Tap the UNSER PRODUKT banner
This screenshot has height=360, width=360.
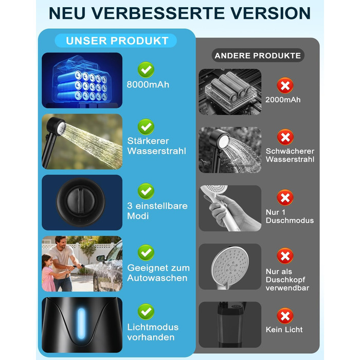116,41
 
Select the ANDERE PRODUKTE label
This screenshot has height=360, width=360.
258,56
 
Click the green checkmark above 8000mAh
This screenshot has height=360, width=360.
146,69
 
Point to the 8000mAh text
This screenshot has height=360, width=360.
148,85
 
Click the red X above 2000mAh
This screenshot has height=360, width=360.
285,85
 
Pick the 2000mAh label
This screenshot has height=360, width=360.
283,100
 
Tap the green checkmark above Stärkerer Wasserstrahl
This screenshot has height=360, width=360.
146,127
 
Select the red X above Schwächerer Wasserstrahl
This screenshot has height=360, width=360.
285,137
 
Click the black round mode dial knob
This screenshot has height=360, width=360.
81,202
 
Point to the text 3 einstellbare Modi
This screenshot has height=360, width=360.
157,211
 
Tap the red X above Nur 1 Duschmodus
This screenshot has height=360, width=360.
285,197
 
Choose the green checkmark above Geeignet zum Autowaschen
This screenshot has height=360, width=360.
146,253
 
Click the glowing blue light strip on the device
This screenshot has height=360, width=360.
81,323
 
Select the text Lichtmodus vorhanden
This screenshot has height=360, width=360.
153,332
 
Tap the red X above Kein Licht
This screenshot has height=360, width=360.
285,316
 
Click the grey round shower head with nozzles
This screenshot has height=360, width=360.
229,266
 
